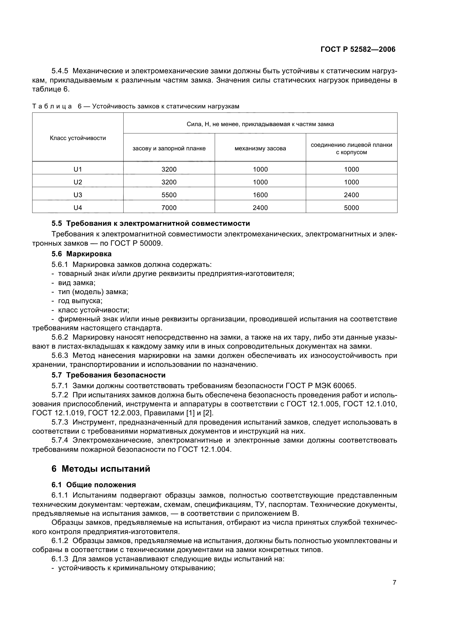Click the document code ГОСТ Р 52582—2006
[358, 49]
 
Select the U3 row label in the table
[78, 195]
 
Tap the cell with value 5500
[169, 195]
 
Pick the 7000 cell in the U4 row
[169, 208]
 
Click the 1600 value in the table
[260, 195]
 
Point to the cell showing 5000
[351, 208]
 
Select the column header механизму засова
[260, 148]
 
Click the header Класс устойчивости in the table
[78, 138]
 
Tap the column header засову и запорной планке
[169, 148]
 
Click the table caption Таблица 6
[136, 106]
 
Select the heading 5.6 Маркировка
[81, 254]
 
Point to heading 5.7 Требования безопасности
[108, 375]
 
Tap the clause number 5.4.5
[60, 71]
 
